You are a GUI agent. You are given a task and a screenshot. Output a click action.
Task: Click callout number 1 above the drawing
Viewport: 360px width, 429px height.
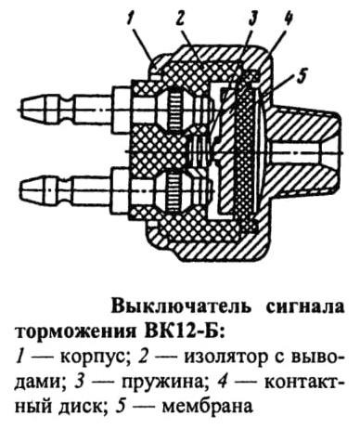131,20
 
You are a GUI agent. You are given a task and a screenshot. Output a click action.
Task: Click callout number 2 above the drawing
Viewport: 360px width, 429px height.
180,20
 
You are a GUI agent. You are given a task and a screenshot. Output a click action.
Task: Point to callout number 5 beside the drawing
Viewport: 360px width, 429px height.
301,73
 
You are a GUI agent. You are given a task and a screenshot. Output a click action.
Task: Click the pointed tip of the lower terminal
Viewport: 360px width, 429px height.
21,188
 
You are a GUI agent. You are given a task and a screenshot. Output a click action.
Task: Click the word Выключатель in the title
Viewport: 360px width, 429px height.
180,307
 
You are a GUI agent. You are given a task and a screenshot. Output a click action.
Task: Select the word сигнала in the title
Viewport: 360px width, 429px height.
305,308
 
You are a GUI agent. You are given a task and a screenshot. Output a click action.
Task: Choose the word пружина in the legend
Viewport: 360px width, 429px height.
160,384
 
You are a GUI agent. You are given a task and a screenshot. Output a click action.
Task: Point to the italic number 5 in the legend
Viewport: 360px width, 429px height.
121,406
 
